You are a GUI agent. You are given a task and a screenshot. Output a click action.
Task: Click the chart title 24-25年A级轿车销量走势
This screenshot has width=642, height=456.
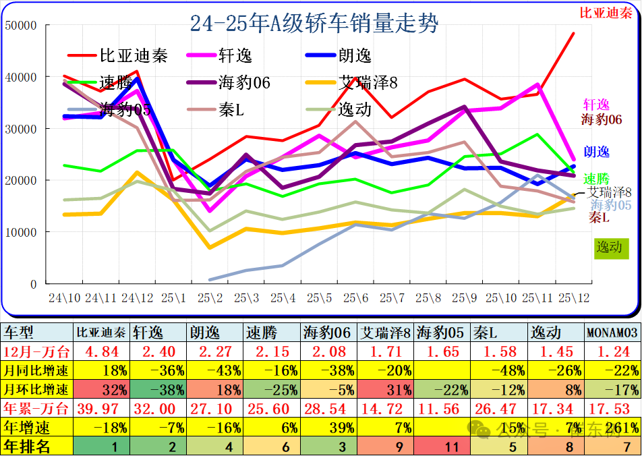(314, 24)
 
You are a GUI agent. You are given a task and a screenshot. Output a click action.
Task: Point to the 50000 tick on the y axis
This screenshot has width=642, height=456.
(20, 25)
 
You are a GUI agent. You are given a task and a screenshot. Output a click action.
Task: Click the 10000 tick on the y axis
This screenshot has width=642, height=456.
(20, 232)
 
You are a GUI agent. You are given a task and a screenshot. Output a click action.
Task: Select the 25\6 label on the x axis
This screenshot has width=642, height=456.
(355, 297)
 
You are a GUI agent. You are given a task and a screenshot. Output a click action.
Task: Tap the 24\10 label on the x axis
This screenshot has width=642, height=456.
(65, 297)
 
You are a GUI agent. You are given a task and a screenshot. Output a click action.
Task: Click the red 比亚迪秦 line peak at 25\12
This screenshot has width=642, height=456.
(574, 33)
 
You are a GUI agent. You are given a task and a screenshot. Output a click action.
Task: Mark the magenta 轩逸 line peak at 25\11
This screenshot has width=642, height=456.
(537, 84)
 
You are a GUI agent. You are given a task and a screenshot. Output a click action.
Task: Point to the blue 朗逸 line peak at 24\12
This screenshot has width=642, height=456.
(138, 79)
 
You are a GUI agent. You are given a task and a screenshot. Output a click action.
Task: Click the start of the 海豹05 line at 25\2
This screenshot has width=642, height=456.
(210, 279)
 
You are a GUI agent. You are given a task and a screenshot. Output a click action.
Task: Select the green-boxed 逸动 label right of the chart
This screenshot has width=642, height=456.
(610, 247)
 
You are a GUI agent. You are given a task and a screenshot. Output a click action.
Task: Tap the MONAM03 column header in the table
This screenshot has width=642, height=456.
(611, 333)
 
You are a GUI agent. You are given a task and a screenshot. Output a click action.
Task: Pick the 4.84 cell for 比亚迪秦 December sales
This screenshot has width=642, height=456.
(101, 351)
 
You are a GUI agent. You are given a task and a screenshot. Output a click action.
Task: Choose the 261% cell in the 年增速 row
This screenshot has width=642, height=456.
(611, 427)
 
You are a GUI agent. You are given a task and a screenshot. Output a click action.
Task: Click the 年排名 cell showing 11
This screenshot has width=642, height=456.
(442, 446)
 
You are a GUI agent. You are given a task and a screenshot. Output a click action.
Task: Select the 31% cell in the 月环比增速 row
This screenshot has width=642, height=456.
(384, 389)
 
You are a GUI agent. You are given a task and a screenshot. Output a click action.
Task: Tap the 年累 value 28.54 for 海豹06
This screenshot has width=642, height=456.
(327, 408)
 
